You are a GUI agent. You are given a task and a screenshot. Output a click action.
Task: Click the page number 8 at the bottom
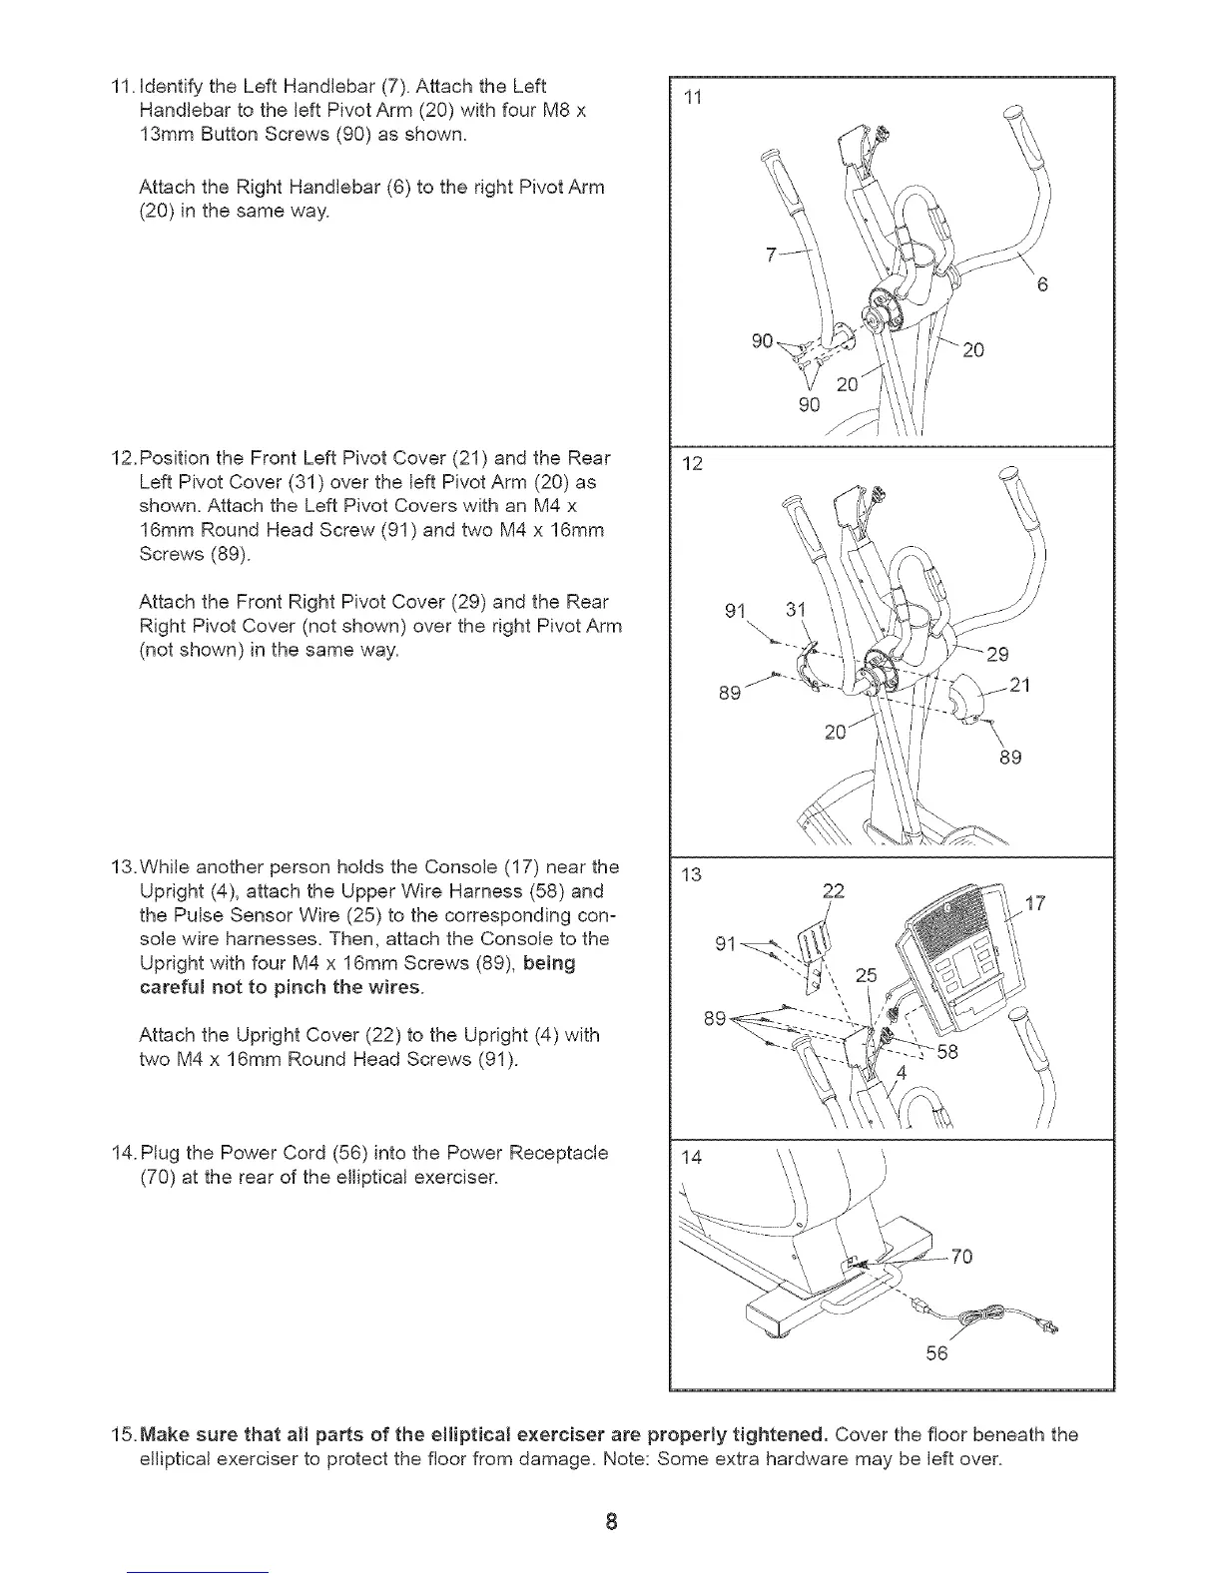coord(611,1522)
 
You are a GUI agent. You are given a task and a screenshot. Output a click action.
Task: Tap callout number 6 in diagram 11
coord(1041,285)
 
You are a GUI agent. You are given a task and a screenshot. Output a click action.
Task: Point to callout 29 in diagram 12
coord(997,655)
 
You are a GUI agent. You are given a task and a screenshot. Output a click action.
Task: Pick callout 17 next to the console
coord(1035,904)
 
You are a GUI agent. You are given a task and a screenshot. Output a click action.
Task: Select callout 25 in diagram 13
coord(866,975)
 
